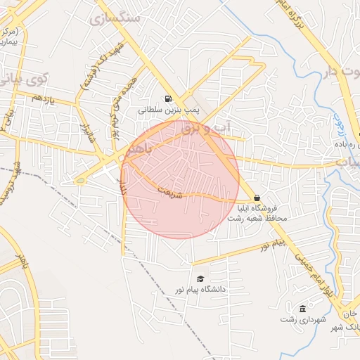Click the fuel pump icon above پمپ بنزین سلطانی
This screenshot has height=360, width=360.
(x=167, y=99)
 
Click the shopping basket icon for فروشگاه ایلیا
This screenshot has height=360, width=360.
(x=257, y=198)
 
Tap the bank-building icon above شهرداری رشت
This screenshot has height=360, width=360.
(x=302, y=309)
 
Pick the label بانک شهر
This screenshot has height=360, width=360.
(x=345, y=327)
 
